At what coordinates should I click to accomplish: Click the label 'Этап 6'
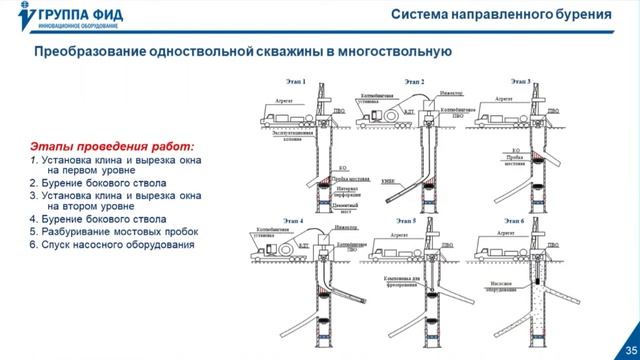pos(512,219)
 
